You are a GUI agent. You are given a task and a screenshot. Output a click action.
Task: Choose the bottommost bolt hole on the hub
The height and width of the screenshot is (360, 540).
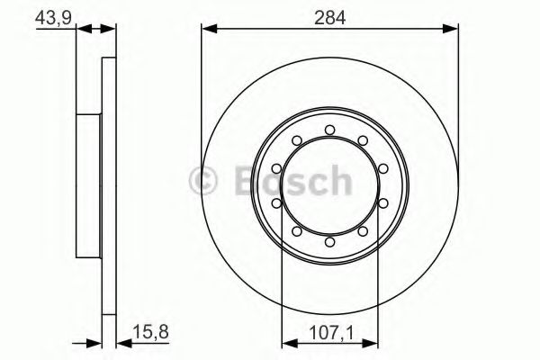click(x=330, y=241)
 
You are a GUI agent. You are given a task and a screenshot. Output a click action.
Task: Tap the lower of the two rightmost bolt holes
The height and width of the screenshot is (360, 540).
click(x=383, y=203)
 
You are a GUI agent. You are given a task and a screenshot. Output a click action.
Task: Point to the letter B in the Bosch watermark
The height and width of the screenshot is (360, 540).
click(x=246, y=183)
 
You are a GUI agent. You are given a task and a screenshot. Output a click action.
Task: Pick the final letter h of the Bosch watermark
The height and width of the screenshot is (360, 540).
click(x=337, y=183)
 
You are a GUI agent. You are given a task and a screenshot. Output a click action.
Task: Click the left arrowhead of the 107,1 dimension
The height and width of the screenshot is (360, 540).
click(x=287, y=340)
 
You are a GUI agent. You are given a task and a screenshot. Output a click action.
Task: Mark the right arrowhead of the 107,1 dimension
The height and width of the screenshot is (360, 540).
click(x=373, y=340)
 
